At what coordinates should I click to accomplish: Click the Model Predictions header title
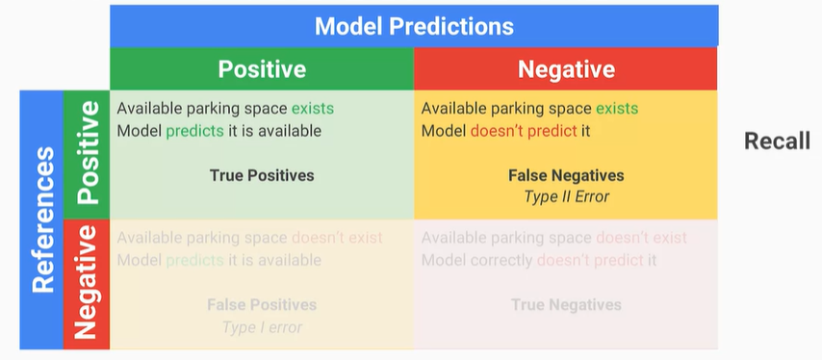414,26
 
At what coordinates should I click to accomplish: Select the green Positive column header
262,69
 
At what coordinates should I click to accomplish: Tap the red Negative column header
566,69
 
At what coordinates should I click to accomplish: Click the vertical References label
43,219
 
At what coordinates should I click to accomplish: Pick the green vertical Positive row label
87,152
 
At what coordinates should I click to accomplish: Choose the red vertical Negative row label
86,282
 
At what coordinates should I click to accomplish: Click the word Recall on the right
777,141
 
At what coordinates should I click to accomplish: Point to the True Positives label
262,175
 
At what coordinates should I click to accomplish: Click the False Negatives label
566,175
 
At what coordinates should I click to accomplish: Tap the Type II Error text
567,196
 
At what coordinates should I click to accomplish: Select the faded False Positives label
262,304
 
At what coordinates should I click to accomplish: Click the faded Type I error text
262,327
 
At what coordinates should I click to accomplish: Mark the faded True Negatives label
566,304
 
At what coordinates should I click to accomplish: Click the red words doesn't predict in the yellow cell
524,131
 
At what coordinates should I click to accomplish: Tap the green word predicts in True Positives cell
195,131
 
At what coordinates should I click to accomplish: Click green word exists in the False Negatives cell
617,109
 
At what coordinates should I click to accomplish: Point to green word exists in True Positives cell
313,109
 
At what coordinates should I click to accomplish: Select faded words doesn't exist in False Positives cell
337,238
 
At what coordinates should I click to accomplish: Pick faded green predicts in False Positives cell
195,260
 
